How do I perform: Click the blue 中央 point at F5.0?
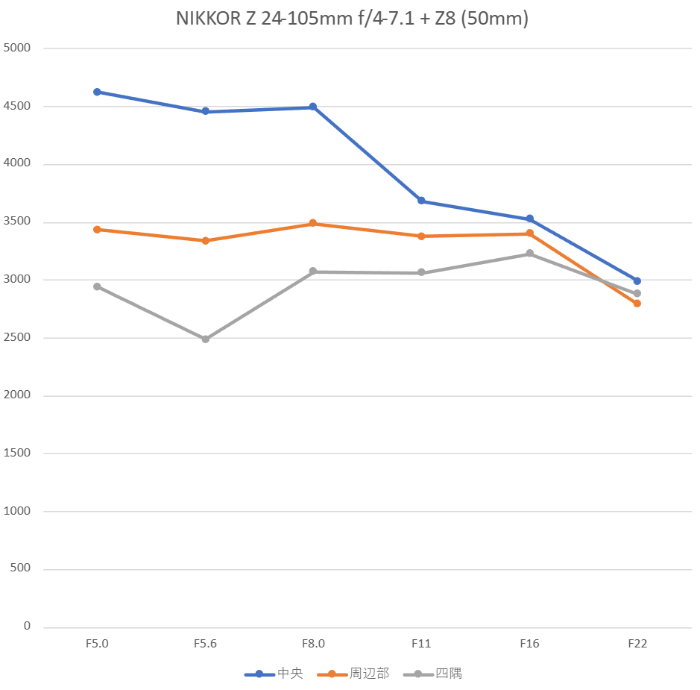[x=97, y=92]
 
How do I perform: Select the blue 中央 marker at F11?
[x=421, y=201]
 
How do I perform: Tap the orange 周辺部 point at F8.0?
[x=313, y=223]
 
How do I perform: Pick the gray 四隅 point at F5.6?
[x=205, y=339]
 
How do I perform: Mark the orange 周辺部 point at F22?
[x=637, y=304]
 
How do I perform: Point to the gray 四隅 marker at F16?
[x=529, y=254]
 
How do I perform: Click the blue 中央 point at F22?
[x=637, y=281]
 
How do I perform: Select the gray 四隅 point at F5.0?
[x=97, y=286]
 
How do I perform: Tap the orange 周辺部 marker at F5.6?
[x=205, y=241]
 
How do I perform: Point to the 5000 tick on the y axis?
[x=17, y=48]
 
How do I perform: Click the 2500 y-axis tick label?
[x=17, y=338]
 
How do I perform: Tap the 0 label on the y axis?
[x=27, y=626]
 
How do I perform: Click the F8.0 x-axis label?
[x=313, y=644]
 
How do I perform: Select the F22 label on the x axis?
[x=637, y=644]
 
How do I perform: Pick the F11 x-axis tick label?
[x=421, y=644]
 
